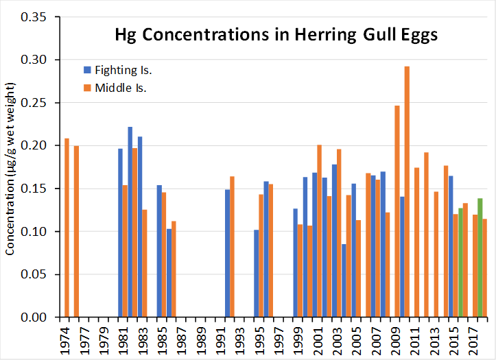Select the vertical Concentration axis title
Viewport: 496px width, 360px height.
10,168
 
